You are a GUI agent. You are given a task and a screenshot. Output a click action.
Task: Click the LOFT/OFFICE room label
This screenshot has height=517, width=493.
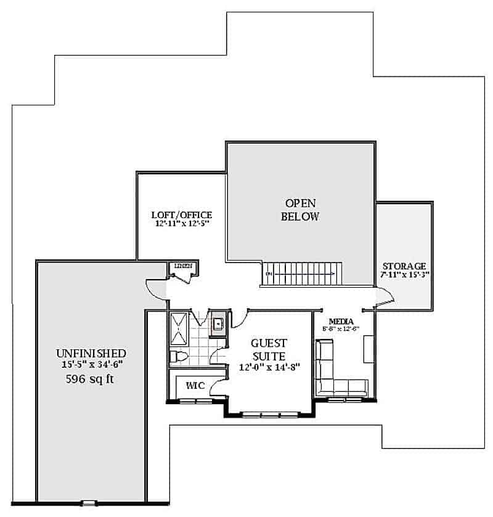(x=182, y=215)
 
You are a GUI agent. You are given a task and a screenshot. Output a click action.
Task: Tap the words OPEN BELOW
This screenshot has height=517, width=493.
(x=300, y=210)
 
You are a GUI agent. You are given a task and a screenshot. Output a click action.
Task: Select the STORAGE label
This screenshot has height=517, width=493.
(x=404, y=266)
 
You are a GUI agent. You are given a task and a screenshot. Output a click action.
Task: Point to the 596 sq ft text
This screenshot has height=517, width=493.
(x=91, y=380)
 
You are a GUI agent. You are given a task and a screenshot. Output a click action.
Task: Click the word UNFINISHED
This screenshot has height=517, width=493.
(x=91, y=353)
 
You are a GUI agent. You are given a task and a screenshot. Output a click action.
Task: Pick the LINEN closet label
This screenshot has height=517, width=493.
(x=183, y=266)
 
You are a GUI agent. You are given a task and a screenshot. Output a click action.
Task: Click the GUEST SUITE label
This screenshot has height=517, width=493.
(x=269, y=349)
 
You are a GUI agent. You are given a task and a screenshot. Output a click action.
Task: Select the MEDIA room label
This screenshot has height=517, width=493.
(x=340, y=321)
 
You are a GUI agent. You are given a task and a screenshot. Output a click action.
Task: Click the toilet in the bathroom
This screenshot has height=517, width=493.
(x=178, y=357)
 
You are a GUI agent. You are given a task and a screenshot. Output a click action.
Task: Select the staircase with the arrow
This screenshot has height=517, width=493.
(x=303, y=272)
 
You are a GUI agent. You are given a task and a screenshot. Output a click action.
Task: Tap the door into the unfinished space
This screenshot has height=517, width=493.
(x=157, y=290)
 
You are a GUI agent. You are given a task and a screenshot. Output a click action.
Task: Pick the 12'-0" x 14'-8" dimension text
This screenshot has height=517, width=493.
(x=269, y=368)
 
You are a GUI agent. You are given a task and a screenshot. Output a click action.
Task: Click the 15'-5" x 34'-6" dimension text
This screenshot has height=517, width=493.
(x=91, y=365)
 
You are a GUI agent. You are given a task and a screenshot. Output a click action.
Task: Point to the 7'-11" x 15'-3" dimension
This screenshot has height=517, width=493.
(x=404, y=275)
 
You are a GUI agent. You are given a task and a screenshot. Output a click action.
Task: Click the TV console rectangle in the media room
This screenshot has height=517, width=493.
(x=368, y=350)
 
